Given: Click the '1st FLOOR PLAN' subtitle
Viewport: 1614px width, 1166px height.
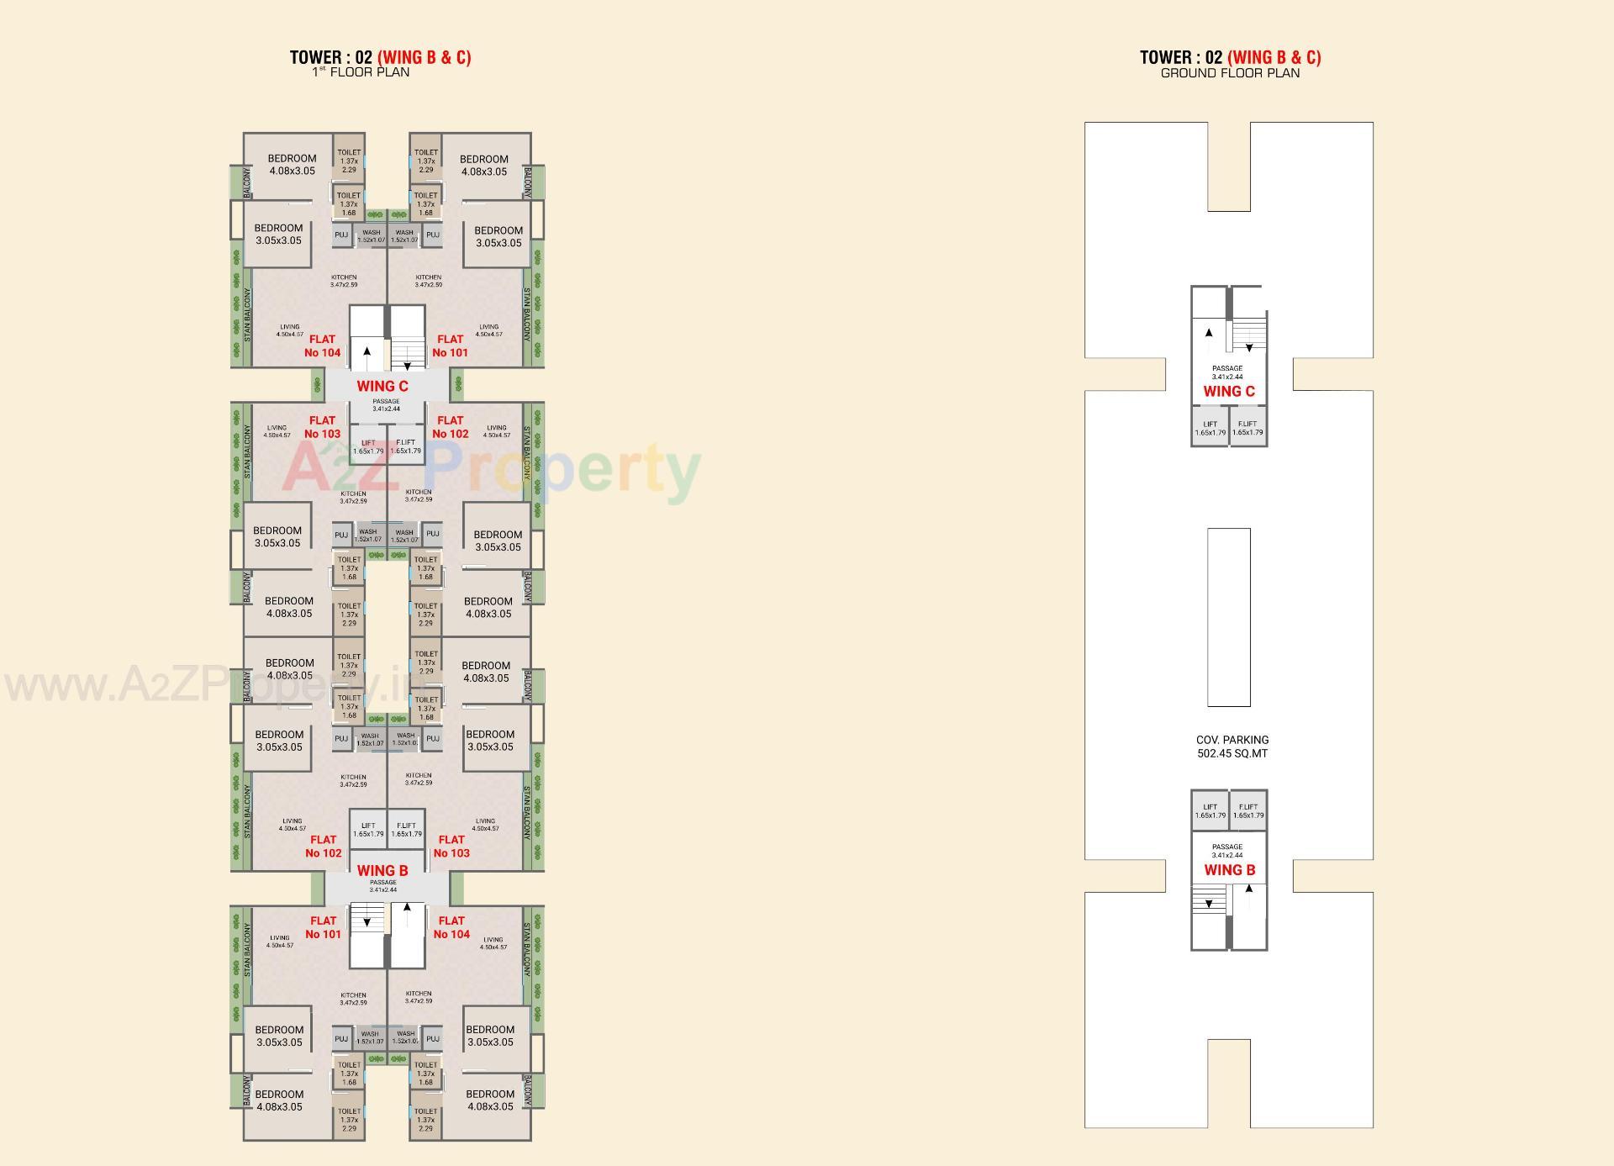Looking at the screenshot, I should [361, 72].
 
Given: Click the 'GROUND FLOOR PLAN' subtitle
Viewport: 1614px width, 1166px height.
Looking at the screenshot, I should [1230, 73].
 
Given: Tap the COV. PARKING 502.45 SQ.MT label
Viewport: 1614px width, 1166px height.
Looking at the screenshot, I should [1232, 747].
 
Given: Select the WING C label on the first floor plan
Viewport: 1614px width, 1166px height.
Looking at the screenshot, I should [382, 386].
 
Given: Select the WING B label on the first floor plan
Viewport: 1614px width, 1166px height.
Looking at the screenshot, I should [382, 870].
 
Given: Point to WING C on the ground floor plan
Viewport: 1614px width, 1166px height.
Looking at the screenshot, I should [1229, 391].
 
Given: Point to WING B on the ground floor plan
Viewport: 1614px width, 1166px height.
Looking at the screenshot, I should [1229, 870].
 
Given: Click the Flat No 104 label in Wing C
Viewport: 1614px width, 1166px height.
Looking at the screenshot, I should [323, 346].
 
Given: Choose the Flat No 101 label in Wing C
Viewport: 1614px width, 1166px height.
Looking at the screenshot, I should [450, 346].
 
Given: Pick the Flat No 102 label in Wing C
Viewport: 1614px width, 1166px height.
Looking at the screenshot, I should [451, 427].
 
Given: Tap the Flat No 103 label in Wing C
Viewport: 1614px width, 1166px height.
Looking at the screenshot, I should [322, 427].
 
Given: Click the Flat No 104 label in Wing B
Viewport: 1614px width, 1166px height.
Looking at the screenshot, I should [451, 927].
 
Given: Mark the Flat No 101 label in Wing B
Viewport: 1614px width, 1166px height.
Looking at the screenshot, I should [324, 927].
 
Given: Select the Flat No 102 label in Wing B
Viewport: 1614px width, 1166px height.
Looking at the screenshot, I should [324, 846].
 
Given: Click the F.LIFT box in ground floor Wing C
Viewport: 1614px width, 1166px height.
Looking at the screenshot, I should [1248, 428].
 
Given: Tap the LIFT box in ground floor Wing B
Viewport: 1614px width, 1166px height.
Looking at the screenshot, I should [1210, 810].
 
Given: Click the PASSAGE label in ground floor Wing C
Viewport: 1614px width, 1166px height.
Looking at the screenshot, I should [1227, 372].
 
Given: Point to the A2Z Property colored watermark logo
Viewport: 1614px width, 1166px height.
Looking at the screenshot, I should [491, 471].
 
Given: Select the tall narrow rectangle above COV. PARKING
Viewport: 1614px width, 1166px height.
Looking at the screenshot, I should [1228, 617].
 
